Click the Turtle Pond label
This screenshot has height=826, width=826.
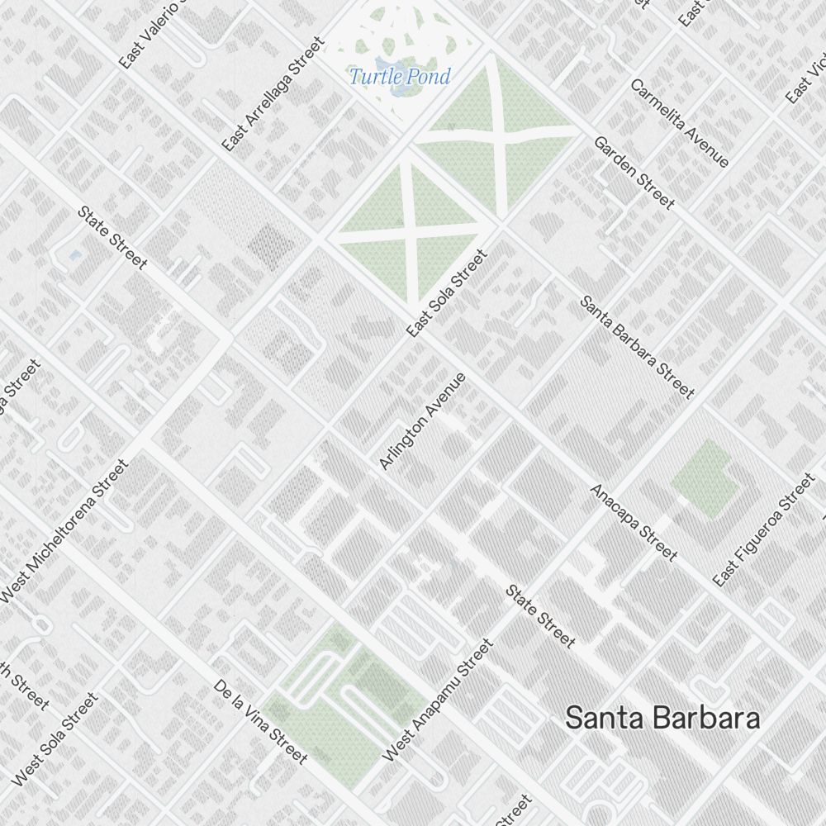pyautogui.click(x=400, y=78)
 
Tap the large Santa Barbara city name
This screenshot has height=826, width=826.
pyautogui.click(x=662, y=718)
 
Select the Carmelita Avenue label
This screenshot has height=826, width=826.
pyautogui.click(x=680, y=123)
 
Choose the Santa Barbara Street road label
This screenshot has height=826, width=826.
pyautogui.click(x=637, y=347)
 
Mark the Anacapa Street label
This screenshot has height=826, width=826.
pyautogui.click(x=634, y=523)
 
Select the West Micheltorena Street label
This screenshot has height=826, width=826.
pyautogui.click(x=64, y=531)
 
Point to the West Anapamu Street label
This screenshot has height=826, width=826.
pyautogui.click(x=439, y=700)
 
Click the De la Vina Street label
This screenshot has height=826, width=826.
pyautogui.click(x=260, y=722)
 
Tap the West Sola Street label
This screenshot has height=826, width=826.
pyautogui.click(x=55, y=738)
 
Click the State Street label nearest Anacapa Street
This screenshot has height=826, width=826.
pyautogui.click(x=540, y=616)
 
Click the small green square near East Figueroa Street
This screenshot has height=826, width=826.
pyautogui.click(x=704, y=479)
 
